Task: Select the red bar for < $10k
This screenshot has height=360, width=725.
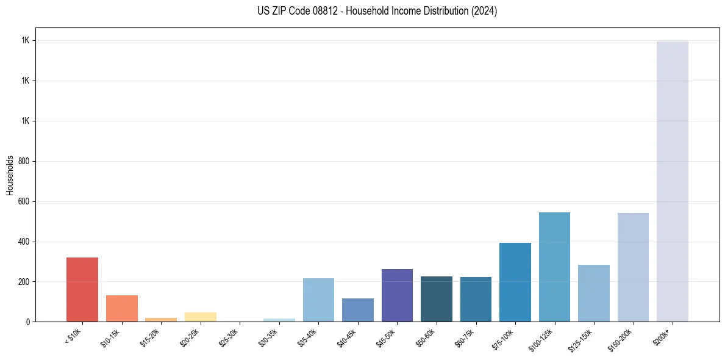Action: coord(82,289)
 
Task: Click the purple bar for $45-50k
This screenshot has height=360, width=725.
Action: coord(397,295)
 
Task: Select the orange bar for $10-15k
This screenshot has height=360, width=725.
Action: coord(121,308)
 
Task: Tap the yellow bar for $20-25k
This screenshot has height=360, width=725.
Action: coord(200,317)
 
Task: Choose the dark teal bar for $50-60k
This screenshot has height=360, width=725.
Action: coord(437,299)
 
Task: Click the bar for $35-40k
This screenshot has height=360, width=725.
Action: coord(318,300)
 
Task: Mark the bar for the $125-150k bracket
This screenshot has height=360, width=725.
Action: coord(594,293)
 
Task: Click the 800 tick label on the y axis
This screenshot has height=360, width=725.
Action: coord(24,161)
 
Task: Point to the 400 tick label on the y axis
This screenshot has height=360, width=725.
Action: coord(24,242)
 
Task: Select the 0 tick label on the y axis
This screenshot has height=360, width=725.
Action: coord(27,322)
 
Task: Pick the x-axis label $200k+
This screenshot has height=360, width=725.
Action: coord(663,336)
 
